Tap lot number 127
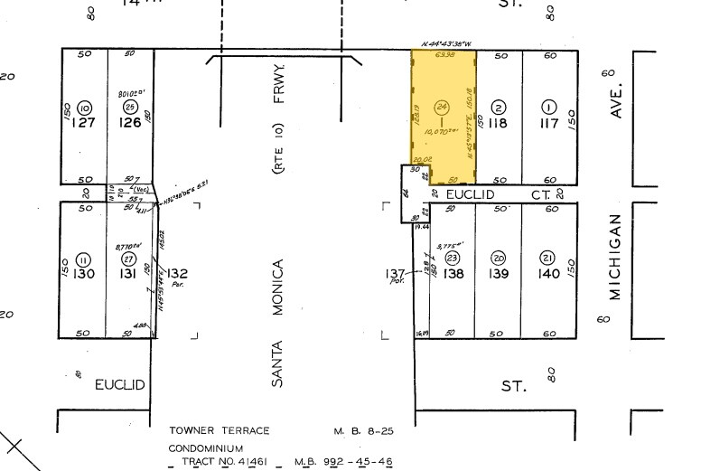[x=84, y=123]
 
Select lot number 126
[x=131, y=123]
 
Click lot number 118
[x=498, y=122]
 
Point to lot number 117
[x=547, y=122]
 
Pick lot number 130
[x=84, y=274]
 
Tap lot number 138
[x=453, y=274]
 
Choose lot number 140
[x=547, y=274]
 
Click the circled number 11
[x=84, y=258]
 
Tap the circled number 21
[x=547, y=258]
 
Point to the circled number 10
[x=84, y=107]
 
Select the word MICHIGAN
[x=615, y=257]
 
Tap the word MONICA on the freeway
[x=278, y=287]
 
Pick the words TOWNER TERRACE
[x=220, y=431]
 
